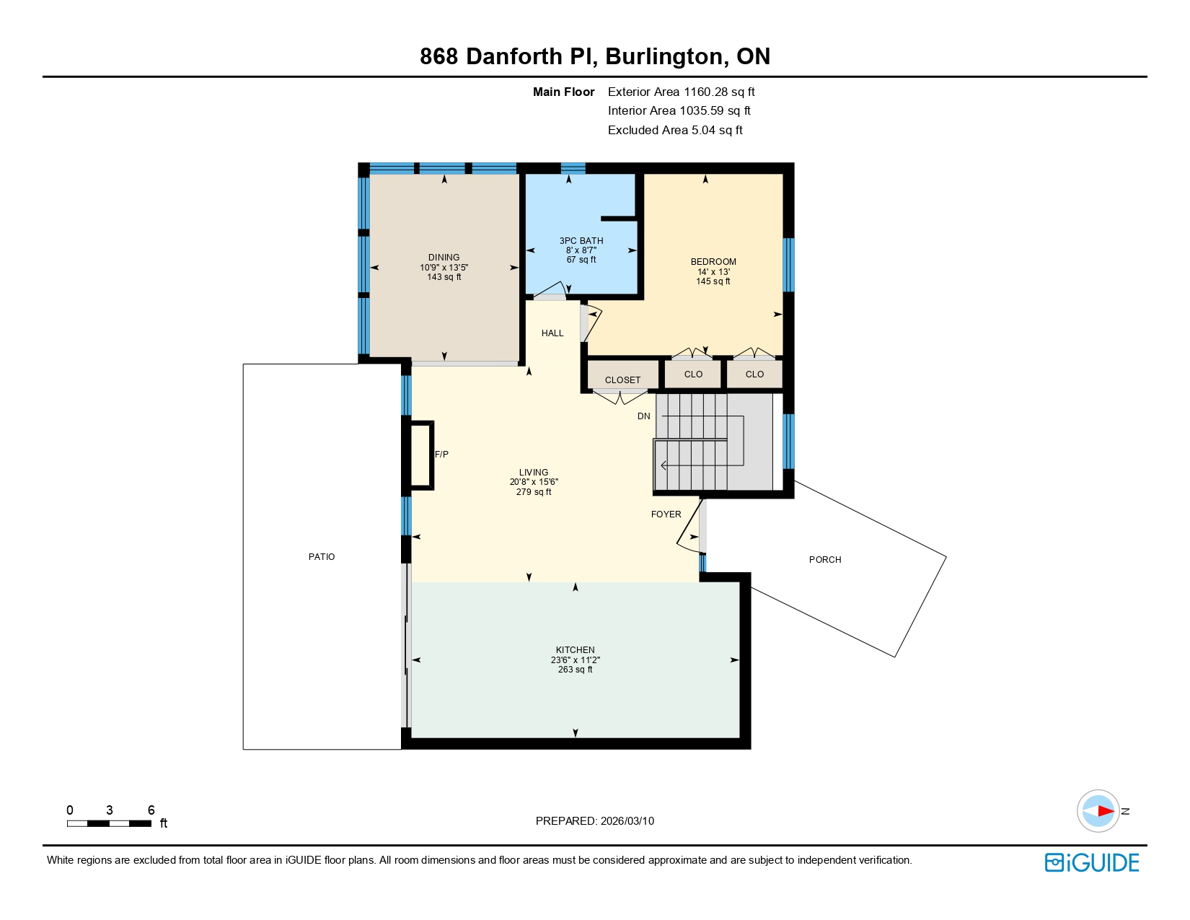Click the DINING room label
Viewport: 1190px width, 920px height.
[444, 258]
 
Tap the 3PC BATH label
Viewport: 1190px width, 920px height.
[581, 241]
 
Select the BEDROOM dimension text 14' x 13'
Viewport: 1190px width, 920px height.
[713, 272]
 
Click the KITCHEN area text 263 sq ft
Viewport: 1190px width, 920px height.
[575, 670]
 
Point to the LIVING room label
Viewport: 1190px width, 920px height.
[534, 473]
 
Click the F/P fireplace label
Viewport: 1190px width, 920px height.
[441, 455]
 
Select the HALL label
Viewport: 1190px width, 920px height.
[552, 333]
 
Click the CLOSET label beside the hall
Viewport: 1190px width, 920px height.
[622, 380]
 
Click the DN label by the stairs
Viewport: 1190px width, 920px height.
[644, 416]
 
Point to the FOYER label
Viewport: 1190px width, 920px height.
[666, 514]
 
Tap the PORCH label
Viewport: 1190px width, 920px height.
[825, 560]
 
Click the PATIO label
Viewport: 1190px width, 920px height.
[322, 557]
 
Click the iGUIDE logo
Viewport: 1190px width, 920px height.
[1092, 863]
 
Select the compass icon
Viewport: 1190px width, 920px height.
[1098, 811]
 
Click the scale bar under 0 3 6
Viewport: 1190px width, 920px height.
[109, 823]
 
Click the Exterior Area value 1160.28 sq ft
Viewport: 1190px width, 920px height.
[719, 92]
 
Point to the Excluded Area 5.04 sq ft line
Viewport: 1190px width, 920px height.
[675, 131]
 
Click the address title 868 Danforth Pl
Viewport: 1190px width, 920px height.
[508, 56]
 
